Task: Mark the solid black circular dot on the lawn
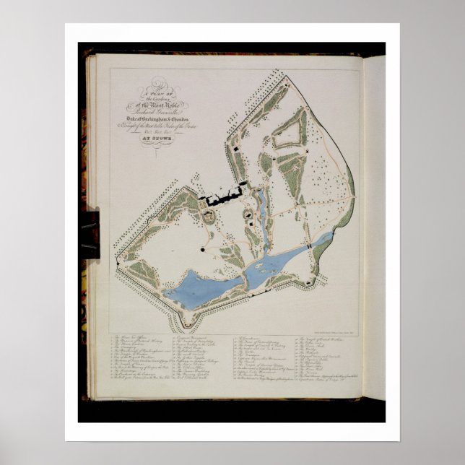[x=202, y=250]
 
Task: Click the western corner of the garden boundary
[x=117, y=258]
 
